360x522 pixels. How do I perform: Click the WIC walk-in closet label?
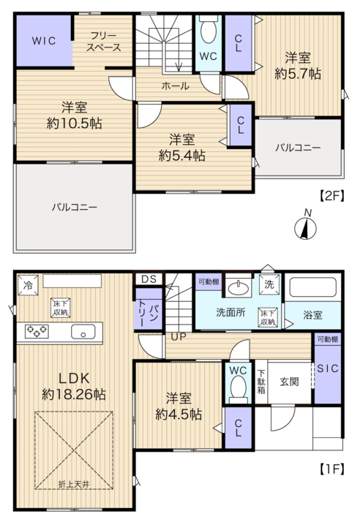coord(44,41)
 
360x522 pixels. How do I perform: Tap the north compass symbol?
coord(305,227)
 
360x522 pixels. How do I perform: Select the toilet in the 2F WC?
coord(209,30)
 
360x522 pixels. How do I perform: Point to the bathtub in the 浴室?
coord(312,287)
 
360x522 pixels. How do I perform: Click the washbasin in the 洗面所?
coord(239,287)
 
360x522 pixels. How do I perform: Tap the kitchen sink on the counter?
coord(83,332)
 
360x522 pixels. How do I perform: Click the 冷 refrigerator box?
coord(28,285)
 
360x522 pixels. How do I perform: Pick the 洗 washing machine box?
coord(269,284)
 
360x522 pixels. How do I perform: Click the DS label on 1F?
coord(149,279)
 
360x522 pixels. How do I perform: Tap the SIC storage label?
coord(328,368)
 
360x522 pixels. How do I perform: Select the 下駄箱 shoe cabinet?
coord(261,382)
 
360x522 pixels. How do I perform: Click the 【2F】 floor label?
coord(331,196)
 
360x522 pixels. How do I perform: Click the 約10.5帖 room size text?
coord(74,124)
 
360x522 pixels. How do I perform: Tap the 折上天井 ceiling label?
coord(74,485)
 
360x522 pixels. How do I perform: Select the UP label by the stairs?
coord(179,336)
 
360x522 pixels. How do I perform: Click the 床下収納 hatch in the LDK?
coord(60,308)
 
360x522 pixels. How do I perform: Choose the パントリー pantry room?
coord(149,309)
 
